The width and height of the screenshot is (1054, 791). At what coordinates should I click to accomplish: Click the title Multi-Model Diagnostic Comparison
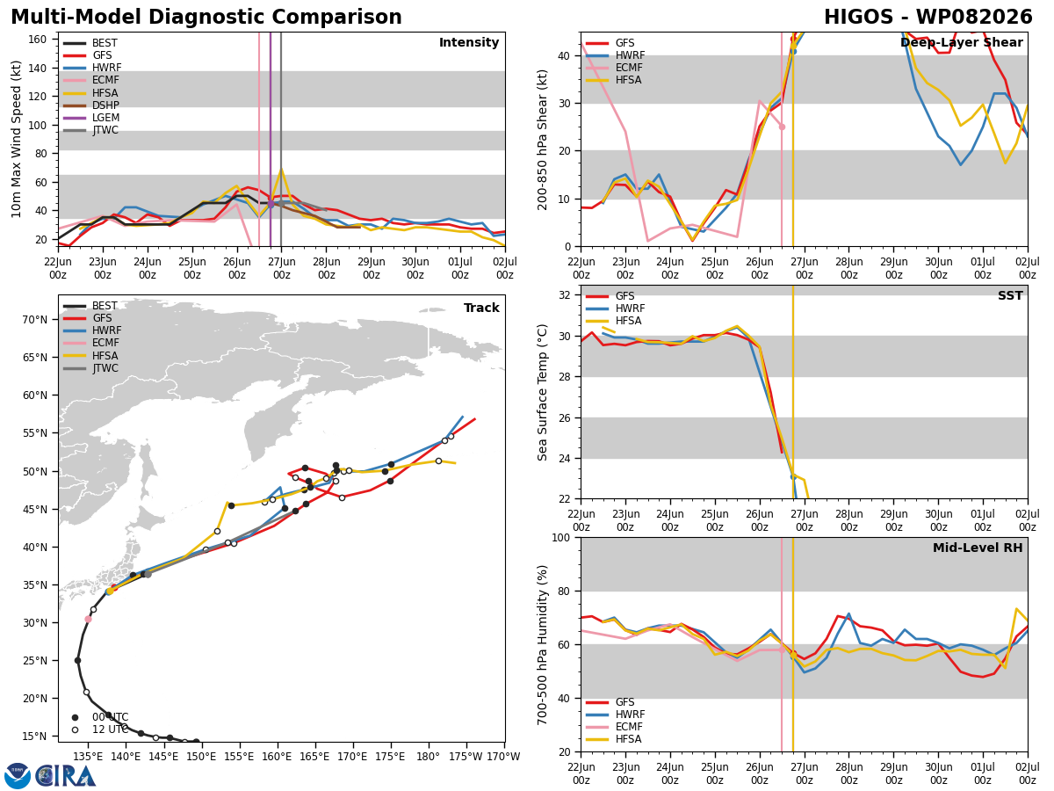[x=206, y=17]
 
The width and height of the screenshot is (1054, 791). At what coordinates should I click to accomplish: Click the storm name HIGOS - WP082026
[x=928, y=17]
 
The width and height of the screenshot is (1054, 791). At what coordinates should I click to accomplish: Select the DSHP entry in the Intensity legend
[x=91, y=105]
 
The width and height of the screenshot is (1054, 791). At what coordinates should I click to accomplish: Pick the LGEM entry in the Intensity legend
[x=91, y=118]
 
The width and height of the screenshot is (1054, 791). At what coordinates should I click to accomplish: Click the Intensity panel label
[x=469, y=42]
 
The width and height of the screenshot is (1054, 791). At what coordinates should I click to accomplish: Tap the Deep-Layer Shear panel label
[x=961, y=42]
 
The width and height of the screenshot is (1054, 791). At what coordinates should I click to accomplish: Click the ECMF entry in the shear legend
[x=614, y=68]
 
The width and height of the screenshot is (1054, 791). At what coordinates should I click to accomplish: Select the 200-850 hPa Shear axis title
[x=542, y=140]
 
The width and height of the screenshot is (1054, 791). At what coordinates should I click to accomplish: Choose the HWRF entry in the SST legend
[x=616, y=308]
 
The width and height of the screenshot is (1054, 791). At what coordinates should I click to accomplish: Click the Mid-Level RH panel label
[x=978, y=548]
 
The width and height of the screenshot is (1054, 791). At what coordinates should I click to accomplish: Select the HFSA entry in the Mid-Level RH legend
[x=614, y=739]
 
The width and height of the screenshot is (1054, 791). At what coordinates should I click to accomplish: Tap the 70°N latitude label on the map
[x=34, y=320]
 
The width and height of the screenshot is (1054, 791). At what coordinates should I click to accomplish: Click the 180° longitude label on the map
[x=428, y=757]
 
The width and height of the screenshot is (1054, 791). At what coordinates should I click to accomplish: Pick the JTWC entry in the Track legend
[x=90, y=368]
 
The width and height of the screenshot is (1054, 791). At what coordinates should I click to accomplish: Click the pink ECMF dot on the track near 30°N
[x=89, y=620]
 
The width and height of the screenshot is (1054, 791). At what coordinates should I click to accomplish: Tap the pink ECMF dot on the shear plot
[x=782, y=127]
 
